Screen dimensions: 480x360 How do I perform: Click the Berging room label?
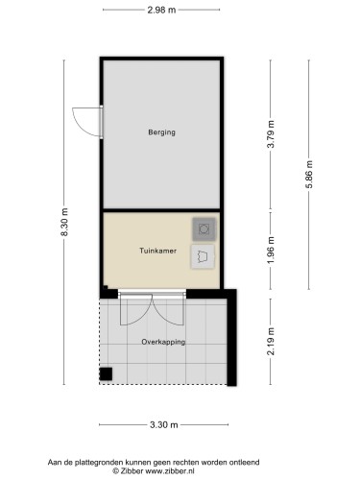[161, 132]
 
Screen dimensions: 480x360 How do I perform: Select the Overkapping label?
[162, 342]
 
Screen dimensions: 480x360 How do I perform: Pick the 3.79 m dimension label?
[271, 132]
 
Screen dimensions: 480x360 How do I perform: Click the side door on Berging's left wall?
[88, 120]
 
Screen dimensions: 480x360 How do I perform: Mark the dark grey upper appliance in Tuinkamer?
[204, 228]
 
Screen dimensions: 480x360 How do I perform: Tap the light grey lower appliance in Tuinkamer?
[204, 255]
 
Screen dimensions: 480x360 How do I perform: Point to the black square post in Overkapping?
[108, 373]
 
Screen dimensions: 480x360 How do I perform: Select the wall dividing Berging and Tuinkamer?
[161, 210]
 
